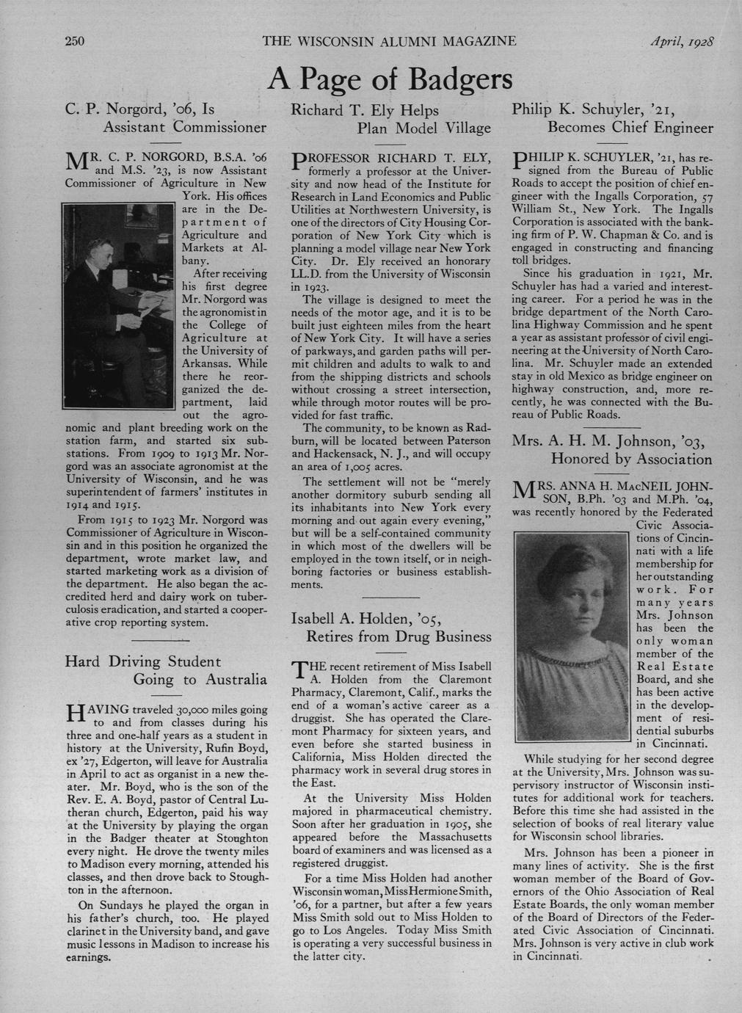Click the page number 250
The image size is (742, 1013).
coord(75,40)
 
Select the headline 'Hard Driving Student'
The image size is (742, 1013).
coord(143,661)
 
